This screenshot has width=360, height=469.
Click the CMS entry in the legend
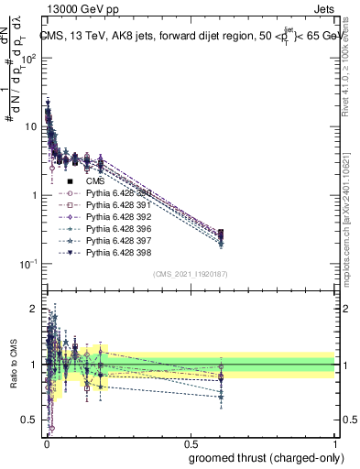pyautogui.click(x=96, y=181)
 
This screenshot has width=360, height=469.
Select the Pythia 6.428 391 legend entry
pyautogui.click(x=117, y=205)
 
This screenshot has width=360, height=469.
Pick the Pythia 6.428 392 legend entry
pyautogui.click(x=117, y=217)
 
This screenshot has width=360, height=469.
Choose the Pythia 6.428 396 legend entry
pyautogui.click(x=117, y=228)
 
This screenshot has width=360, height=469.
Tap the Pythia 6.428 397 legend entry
pyautogui.click(x=117, y=240)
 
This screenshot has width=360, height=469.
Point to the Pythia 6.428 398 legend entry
pyautogui.click(x=117, y=252)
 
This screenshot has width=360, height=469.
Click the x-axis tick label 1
pyautogui.click(x=335, y=442)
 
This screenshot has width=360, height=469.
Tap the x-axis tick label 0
pyautogui.click(x=46, y=442)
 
